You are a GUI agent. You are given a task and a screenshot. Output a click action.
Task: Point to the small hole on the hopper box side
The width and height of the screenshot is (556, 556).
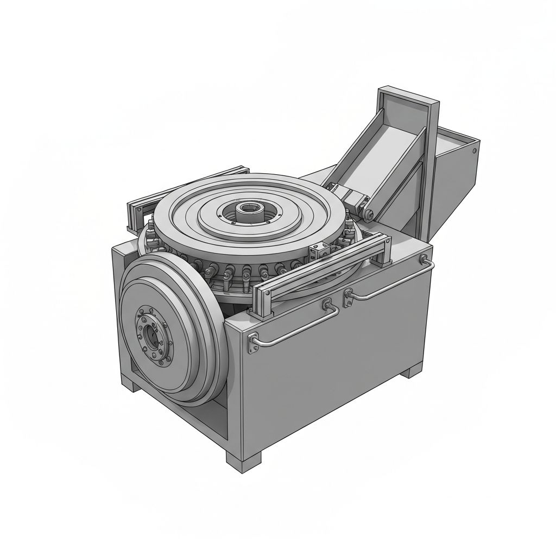tap(474, 150)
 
